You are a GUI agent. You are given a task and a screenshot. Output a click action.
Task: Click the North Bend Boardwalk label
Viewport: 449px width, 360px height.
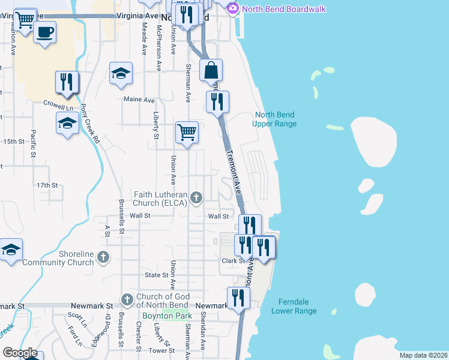click(x=277, y=9)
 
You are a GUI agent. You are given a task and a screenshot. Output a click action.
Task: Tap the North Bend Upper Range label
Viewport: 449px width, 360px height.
click(x=276, y=119)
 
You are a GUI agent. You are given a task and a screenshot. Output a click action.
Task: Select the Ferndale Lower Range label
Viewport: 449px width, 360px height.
click(x=294, y=307)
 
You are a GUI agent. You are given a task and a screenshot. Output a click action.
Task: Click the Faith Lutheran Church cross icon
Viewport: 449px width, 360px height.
click(x=196, y=197)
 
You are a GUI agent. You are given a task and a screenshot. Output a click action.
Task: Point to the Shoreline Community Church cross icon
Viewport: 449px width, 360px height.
click(x=103, y=257)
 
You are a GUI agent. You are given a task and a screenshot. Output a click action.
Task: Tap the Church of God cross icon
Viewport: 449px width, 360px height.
click(x=127, y=299)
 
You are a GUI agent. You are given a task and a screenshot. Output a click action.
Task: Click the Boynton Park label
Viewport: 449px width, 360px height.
click(x=166, y=316)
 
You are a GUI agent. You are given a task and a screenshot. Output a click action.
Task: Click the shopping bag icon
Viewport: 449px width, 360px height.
click(x=211, y=70)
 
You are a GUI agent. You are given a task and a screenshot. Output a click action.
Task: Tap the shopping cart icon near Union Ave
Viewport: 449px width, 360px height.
click(x=187, y=131)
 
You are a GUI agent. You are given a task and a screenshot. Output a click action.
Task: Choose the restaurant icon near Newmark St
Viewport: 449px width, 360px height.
click(x=238, y=298)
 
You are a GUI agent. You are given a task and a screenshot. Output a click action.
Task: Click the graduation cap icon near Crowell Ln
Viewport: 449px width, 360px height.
click(x=67, y=124)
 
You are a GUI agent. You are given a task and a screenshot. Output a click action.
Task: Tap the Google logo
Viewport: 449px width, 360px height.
click(x=20, y=353)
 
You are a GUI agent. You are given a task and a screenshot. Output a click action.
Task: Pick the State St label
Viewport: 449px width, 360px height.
click(x=157, y=275)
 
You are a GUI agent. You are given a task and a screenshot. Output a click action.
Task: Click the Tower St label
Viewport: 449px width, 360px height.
click(x=162, y=350)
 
